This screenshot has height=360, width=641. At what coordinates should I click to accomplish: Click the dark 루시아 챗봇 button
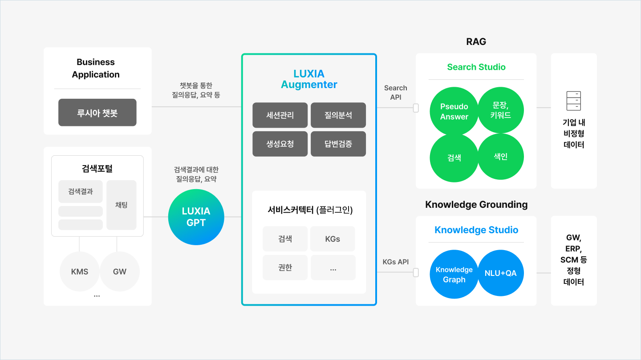pos(97,113)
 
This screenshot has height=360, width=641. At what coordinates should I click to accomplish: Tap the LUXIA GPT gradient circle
pos(196,217)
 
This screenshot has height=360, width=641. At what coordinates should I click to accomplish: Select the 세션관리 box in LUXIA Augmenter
pos(280,115)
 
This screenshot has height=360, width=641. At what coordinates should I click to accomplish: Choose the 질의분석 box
pos(338,115)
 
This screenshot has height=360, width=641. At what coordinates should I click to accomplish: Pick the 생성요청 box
pos(280,144)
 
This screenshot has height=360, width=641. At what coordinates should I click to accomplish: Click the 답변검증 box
pos(338,144)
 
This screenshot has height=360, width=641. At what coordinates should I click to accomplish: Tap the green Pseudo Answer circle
pos(454,111)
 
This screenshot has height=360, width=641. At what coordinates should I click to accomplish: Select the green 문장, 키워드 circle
pos(501,110)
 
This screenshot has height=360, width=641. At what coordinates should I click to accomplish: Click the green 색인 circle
pos(501,157)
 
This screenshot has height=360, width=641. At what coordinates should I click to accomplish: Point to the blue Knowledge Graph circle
pos(454,274)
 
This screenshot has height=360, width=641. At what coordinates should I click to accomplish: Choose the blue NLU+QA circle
pos(501,273)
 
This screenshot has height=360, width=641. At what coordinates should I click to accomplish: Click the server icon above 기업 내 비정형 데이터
pos(574,101)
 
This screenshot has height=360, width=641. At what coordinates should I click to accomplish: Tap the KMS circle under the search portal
pos(80,271)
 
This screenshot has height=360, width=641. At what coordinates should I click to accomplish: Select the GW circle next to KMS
pos(120,271)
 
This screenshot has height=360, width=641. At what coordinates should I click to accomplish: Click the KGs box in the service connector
pos(333,239)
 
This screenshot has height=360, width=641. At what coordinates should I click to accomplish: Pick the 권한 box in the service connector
pos(285,267)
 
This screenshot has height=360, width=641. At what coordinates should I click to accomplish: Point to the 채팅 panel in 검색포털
pos(122,205)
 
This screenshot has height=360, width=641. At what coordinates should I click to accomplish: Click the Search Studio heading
pos(476,67)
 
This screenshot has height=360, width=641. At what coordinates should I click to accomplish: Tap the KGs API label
pos(396,262)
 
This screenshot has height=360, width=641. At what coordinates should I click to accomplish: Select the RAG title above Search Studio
pos(476,42)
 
